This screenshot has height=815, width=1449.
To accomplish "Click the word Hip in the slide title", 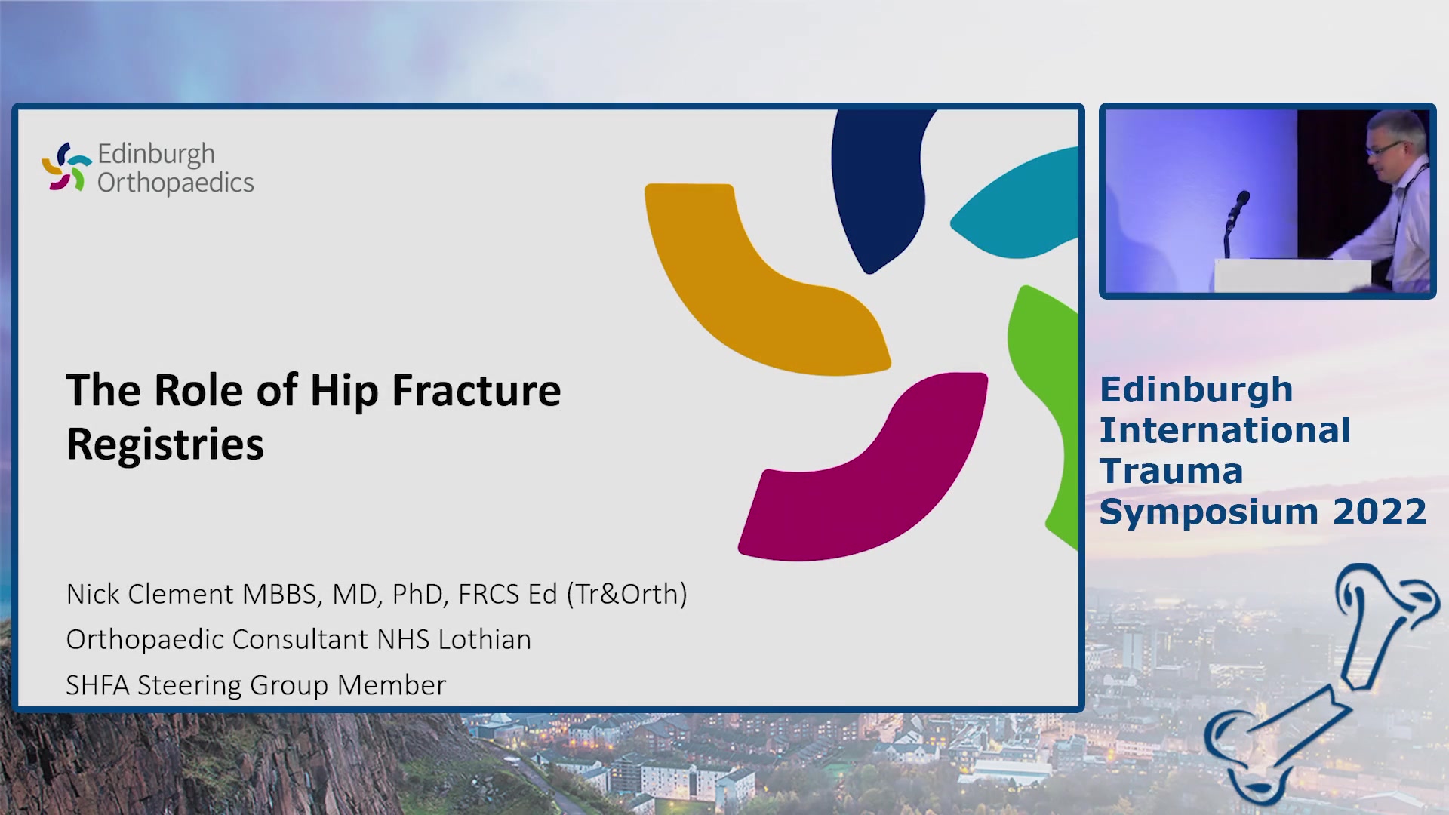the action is click(x=344, y=392).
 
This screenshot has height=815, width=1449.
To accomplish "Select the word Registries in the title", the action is click(x=165, y=444).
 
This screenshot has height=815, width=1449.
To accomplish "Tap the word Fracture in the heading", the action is click(x=476, y=390).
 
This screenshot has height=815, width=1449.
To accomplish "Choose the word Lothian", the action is click(x=485, y=639).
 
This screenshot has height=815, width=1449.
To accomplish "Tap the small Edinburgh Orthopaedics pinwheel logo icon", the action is click(x=66, y=167).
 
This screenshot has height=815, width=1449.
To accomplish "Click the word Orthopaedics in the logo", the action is click(x=176, y=183).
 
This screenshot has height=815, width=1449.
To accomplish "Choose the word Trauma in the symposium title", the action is click(x=1171, y=471).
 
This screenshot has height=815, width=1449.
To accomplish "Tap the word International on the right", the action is click(x=1225, y=430).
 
